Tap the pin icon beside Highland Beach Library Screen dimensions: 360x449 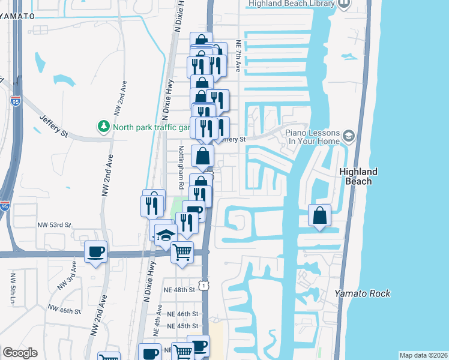click(x=344, y=4)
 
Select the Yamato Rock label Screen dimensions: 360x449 click(x=363, y=293)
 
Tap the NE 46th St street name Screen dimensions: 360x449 click(x=182, y=314)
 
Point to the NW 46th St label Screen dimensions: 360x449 click(x=65, y=311)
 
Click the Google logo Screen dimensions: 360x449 click(x=20, y=353)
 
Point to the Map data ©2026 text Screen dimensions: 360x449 click(x=423, y=355)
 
